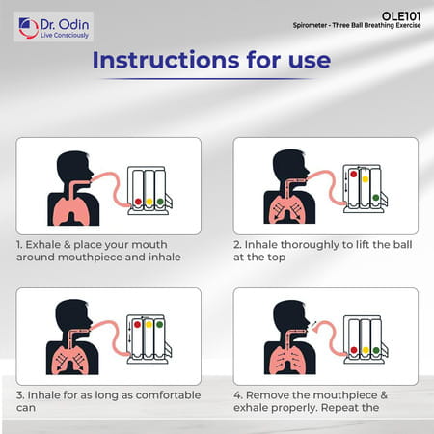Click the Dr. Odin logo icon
tap(28, 28)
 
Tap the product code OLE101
tap(401, 16)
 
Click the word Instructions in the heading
tap(166, 60)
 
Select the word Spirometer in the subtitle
tap(310, 25)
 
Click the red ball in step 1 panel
tap(138, 202)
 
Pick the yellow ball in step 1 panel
tap(149, 202)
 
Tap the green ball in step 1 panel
tap(160, 202)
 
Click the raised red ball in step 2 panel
tap(354, 174)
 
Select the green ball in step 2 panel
tap(376, 197)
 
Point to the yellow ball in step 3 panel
tap(149, 325)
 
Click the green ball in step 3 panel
tap(159, 325)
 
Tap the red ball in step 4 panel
tap(354, 350)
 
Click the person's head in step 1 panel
tap(74, 167)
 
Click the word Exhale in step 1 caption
tap(43, 245)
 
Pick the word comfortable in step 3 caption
tap(168, 395)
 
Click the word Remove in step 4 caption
tap(268, 395)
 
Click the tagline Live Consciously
tap(65, 35)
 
